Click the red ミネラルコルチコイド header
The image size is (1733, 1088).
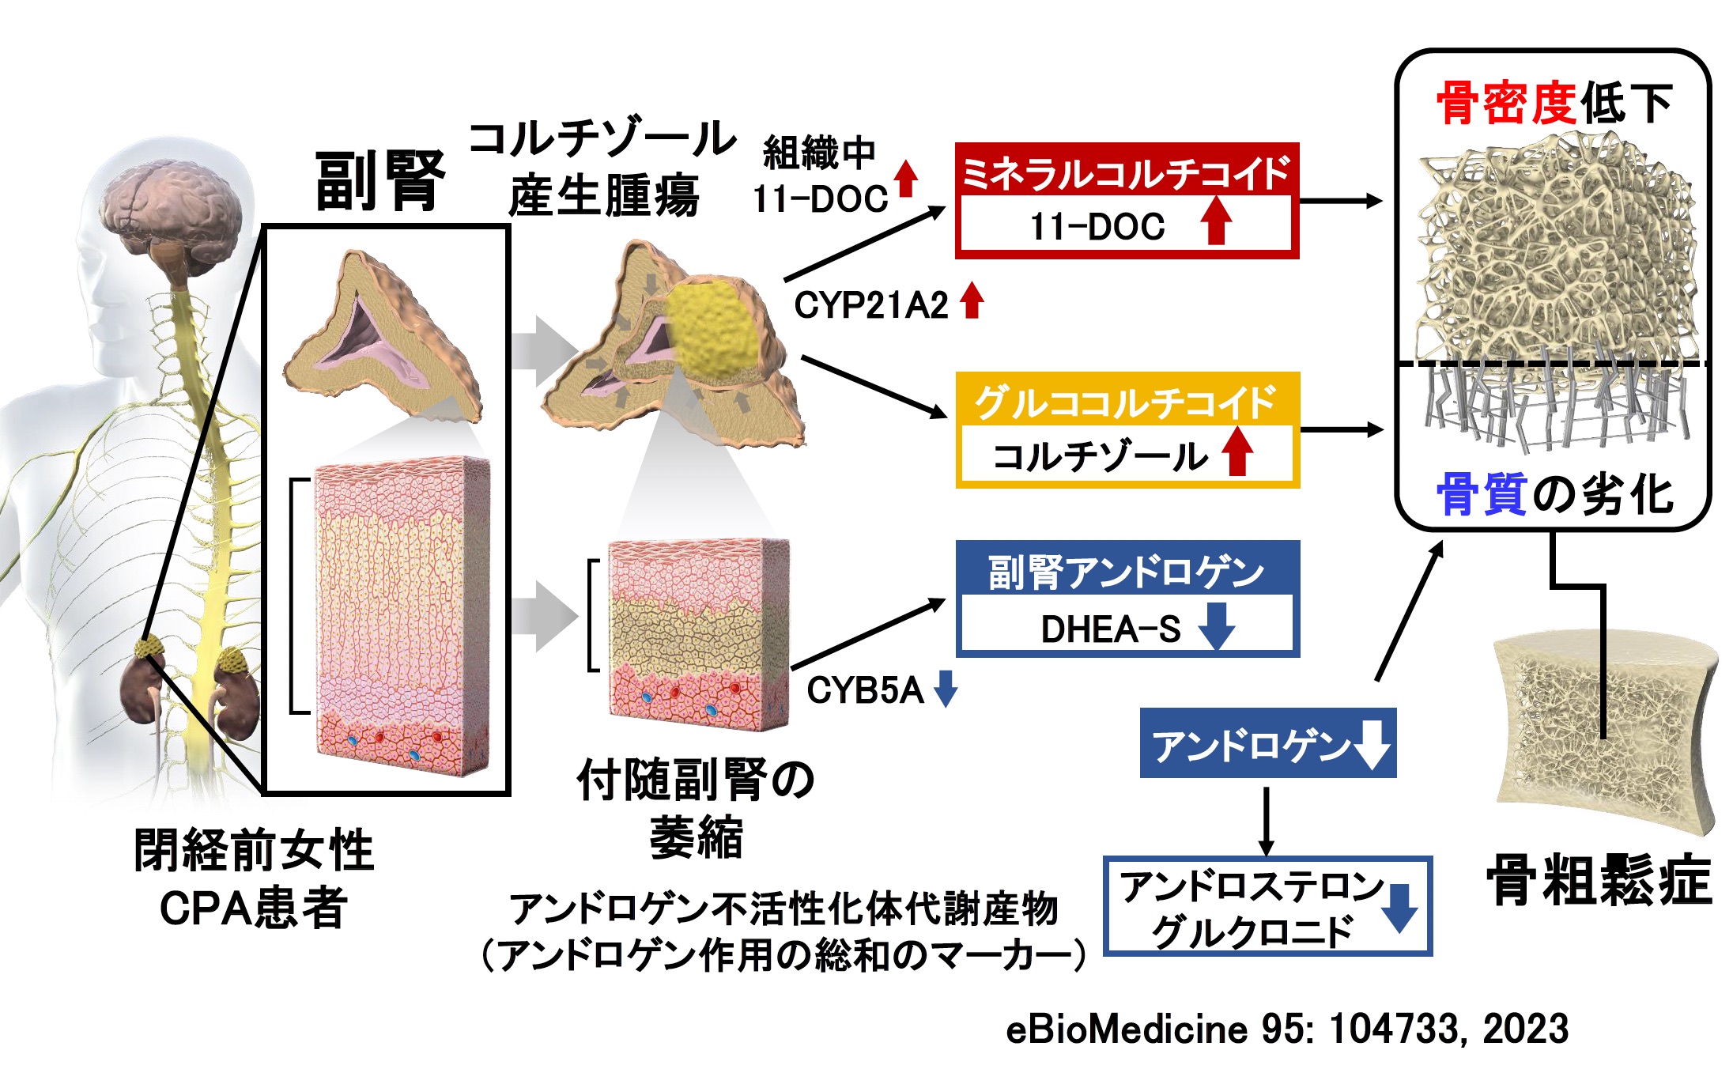tap(1126, 172)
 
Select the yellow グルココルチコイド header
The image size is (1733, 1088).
tap(1126, 402)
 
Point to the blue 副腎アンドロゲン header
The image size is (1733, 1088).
tap(1126, 571)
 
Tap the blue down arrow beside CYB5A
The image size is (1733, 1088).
tap(946, 688)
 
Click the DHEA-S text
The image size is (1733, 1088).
tap(1110, 629)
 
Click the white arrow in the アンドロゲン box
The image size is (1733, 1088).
tap(1372, 743)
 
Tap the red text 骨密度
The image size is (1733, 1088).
tap(1507, 104)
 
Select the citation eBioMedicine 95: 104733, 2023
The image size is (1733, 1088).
tap(1286, 1029)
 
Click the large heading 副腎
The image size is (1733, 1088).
tap(380, 182)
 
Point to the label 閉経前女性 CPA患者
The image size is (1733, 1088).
tap(254, 878)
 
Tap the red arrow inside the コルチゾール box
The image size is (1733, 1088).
tap(1237, 451)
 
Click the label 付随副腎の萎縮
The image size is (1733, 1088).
tap(696, 807)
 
